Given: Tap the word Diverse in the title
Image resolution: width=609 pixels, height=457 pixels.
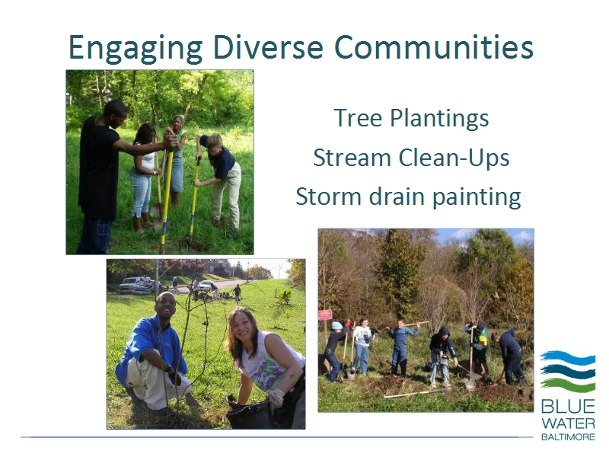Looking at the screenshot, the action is point(268,47).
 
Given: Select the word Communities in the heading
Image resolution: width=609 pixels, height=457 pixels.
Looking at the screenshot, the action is point(433,47).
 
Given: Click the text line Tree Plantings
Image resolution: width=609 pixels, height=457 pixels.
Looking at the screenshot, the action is point(411,118).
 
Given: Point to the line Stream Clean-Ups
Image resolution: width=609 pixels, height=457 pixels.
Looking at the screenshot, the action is point(411,158).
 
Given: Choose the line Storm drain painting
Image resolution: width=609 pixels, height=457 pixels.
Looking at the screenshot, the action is point(408,197).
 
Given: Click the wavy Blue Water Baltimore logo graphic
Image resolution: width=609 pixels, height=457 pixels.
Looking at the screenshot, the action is point(567,372).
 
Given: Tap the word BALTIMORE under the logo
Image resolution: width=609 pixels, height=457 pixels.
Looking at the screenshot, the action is point(568,436).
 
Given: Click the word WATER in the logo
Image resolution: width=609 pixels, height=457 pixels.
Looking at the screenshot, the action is point(568,423).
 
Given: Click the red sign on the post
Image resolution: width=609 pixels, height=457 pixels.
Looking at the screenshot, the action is point(325,315).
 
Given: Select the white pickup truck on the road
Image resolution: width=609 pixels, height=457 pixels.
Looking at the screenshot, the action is point(134,285).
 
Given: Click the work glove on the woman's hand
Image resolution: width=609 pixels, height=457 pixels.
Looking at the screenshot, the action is point(276,399).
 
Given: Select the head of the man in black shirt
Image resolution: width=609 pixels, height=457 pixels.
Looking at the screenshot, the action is point(116,110).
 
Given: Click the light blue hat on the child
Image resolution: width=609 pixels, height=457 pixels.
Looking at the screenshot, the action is point(336,325).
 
